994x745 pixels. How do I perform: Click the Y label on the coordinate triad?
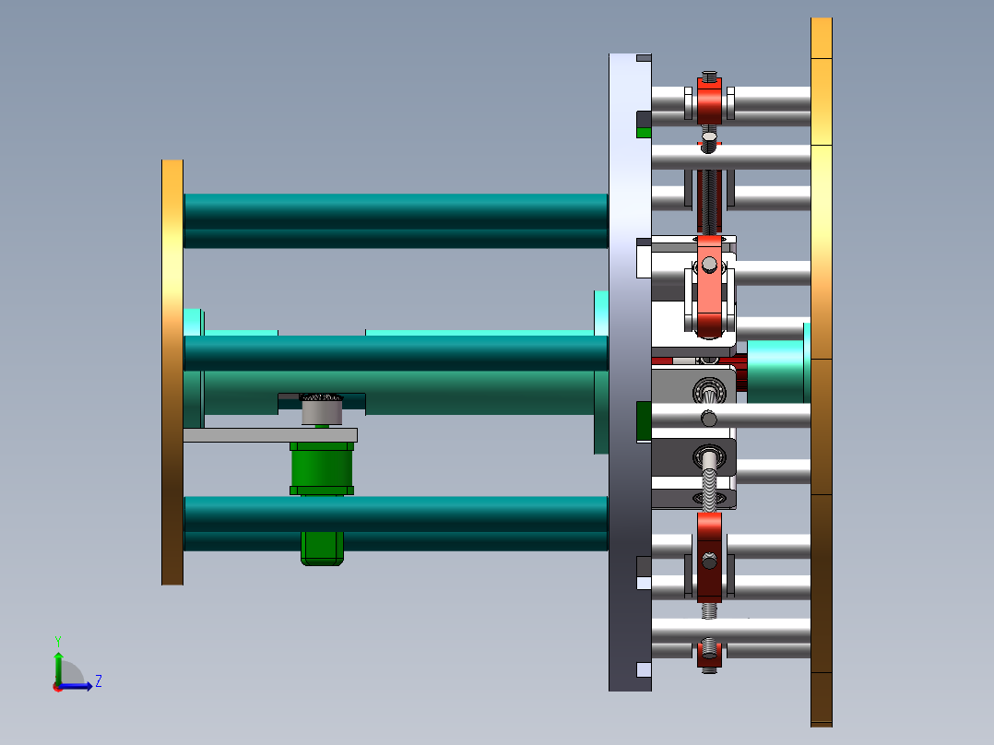57,640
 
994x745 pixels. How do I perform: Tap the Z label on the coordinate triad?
98,681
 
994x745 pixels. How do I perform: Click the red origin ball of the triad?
57,686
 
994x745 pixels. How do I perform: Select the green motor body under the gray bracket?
322,468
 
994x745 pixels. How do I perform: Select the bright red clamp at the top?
708,103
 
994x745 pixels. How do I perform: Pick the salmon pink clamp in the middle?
708,300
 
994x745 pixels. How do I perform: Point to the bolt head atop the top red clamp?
708,74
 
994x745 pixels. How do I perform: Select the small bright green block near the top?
644,133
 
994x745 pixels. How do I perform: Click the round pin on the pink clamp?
708,266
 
